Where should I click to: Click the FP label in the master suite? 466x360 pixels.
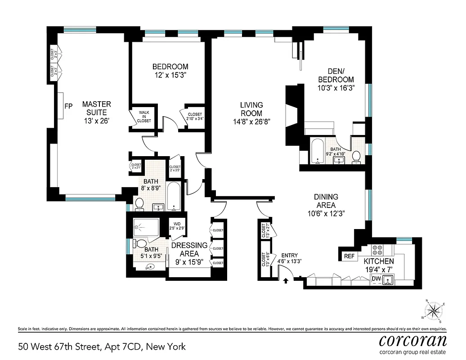pos(68,107)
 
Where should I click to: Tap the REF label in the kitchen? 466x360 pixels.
pos(349,256)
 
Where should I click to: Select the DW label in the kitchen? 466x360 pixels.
pos(376,279)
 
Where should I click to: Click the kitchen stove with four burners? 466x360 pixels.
pos(376,249)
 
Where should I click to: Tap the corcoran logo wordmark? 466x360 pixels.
pos(412,339)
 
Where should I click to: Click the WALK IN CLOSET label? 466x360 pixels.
pos(144,116)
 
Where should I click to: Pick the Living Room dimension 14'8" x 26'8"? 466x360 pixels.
pos(251,121)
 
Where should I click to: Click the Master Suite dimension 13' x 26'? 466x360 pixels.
pos(96,121)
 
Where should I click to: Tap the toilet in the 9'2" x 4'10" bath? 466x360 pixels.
pos(357,156)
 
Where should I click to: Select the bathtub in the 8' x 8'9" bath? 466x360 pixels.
pos(174,196)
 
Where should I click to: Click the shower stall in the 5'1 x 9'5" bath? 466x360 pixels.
pos(147,227)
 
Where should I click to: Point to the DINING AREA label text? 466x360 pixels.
pos(326,201)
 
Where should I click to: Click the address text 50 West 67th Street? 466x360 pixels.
pos(102,346)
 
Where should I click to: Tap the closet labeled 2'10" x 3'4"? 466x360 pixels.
pos(195,117)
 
